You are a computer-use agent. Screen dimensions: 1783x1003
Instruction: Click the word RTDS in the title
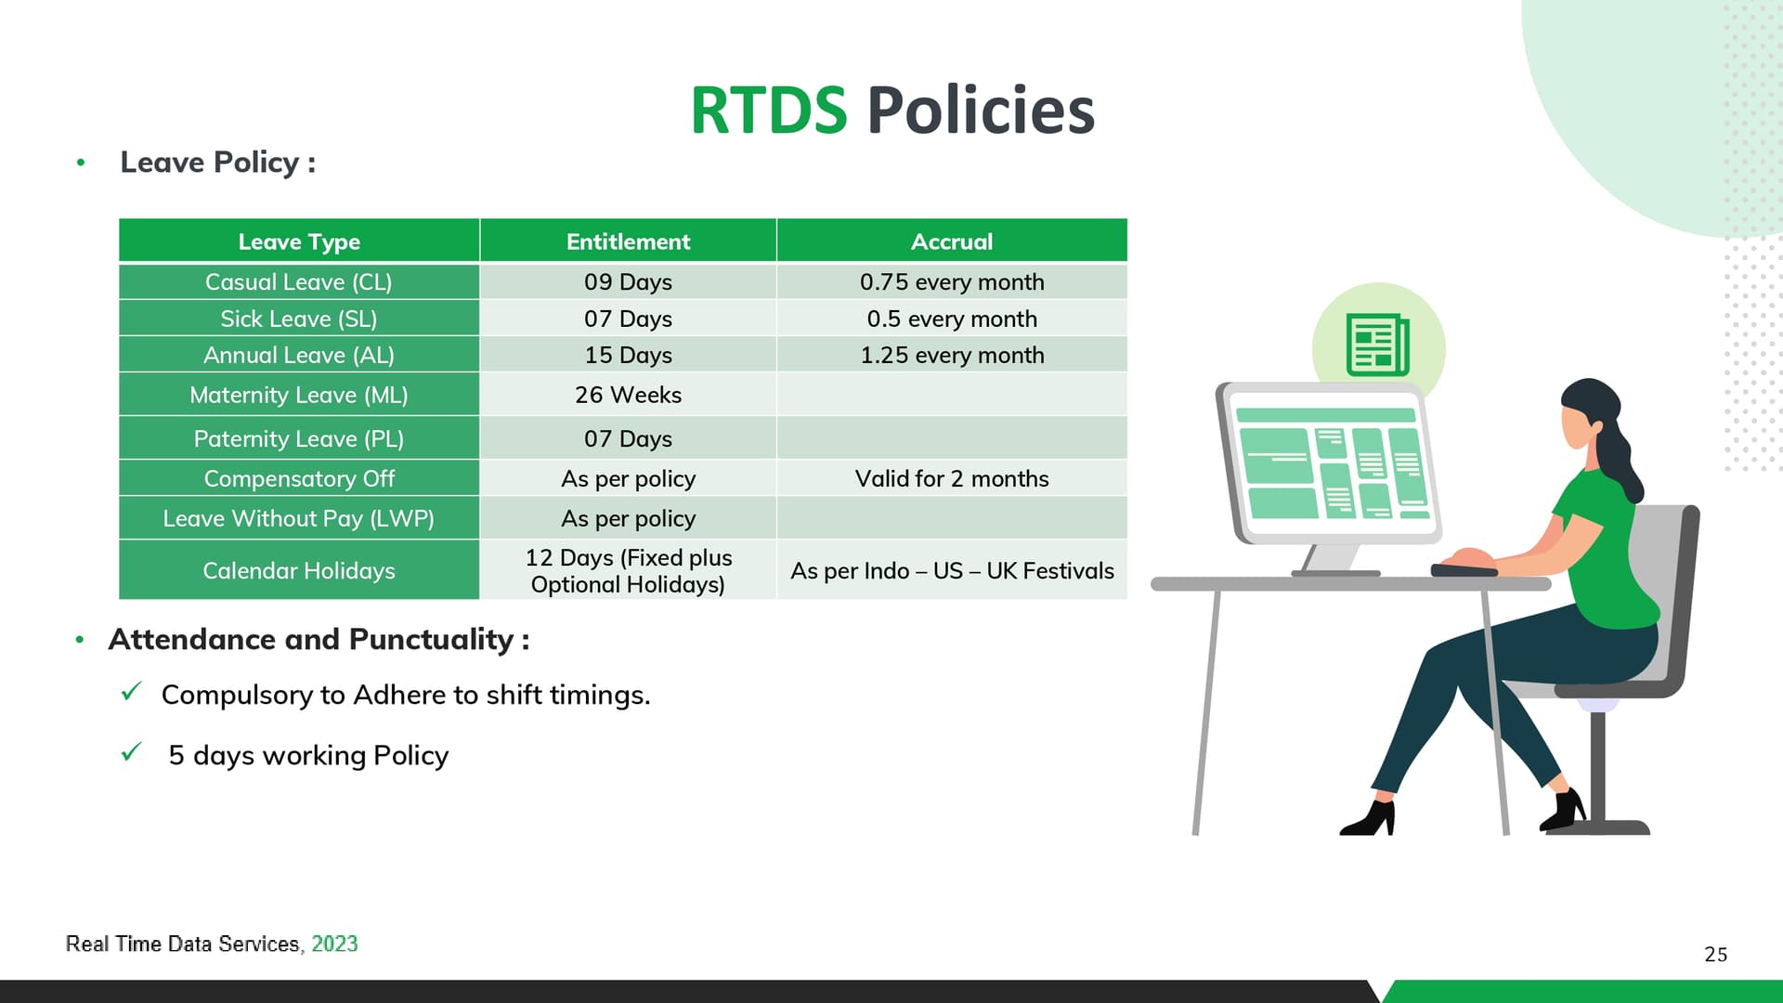pyautogui.click(x=768, y=110)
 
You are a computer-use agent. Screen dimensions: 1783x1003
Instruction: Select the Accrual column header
pyautogui.click(x=952, y=241)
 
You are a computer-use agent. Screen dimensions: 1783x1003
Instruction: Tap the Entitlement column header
pyautogui.click(x=628, y=241)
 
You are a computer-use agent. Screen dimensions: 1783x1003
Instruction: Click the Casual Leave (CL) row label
pyautogui.click(x=298, y=282)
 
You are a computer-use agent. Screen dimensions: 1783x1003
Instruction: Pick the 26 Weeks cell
pyautogui.click(x=628, y=395)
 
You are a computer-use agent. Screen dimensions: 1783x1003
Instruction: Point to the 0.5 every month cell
pyautogui.click(x=952, y=319)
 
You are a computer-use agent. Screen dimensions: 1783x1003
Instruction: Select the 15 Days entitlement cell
pyautogui.click(x=628, y=355)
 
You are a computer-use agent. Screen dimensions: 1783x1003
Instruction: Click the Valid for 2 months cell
pyautogui.click(x=952, y=478)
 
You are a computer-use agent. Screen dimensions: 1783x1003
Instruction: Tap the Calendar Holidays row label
pyautogui.click(x=298, y=570)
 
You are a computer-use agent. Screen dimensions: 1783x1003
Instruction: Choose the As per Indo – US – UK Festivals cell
pyautogui.click(x=952, y=570)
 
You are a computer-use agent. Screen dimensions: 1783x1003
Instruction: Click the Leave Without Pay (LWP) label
pyautogui.click(x=298, y=518)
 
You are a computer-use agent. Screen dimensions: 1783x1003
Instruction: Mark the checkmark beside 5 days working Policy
pyautogui.click(x=132, y=751)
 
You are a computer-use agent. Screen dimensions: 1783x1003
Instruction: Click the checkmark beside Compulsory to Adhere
pyautogui.click(x=132, y=691)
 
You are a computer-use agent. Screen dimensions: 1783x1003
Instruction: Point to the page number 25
pyautogui.click(x=1715, y=955)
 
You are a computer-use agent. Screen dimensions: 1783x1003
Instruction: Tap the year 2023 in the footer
pyautogui.click(x=334, y=944)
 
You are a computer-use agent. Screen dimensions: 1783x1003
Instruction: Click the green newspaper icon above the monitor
pyautogui.click(x=1378, y=345)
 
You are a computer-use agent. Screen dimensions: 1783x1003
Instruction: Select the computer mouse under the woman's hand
pyautogui.click(x=1464, y=568)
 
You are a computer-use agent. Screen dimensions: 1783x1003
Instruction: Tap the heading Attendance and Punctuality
pyautogui.click(x=319, y=639)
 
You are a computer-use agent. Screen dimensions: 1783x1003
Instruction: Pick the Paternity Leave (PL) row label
pyautogui.click(x=298, y=438)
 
